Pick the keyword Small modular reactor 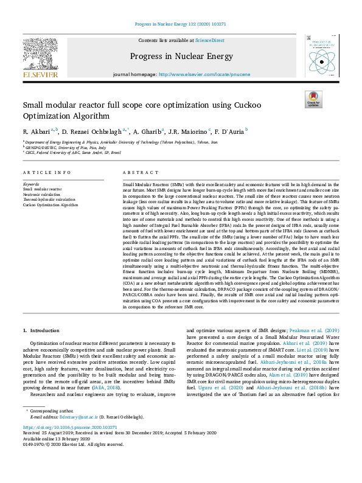(x=38, y=189)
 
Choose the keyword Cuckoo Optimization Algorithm (x=50, y=205)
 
